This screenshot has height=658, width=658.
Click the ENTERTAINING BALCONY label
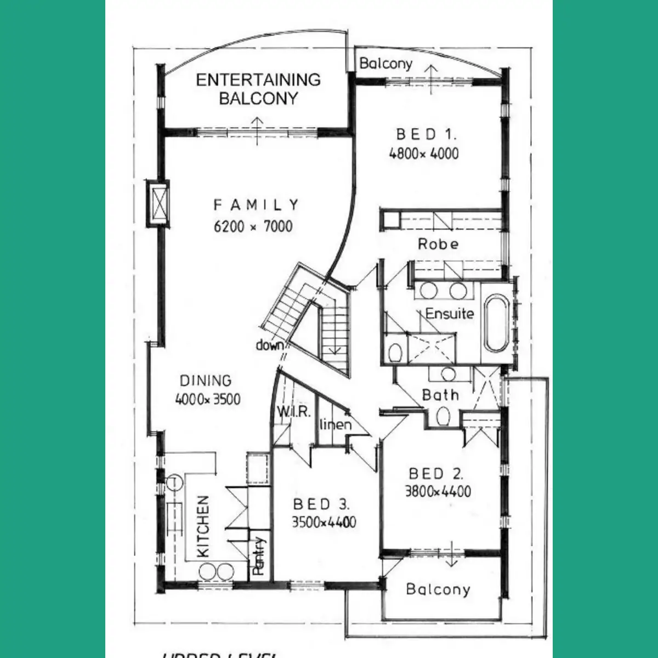pyautogui.click(x=258, y=89)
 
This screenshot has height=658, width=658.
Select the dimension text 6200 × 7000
pyautogui.click(x=253, y=226)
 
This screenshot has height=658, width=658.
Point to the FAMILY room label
pyautogui.click(x=256, y=205)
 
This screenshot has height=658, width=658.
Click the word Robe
pyautogui.click(x=438, y=244)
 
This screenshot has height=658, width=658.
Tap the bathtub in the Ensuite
pyautogui.click(x=497, y=325)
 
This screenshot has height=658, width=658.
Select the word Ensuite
pyautogui.click(x=449, y=314)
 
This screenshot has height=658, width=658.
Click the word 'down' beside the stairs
pyautogui.click(x=269, y=345)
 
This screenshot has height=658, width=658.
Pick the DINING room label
pyautogui.click(x=206, y=381)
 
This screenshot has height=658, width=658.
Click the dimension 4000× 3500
pyautogui.click(x=207, y=399)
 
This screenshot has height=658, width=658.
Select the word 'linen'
pyautogui.click(x=335, y=424)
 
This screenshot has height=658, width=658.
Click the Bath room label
pyautogui.click(x=440, y=395)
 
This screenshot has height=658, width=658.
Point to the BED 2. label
pyautogui.click(x=437, y=474)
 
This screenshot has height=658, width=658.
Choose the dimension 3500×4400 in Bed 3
pyautogui.click(x=324, y=523)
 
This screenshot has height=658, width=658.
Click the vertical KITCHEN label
pyautogui.click(x=203, y=526)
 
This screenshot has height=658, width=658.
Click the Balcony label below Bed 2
pyautogui.click(x=438, y=589)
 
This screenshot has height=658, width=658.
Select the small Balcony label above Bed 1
pyautogui.click(x=385, y=64)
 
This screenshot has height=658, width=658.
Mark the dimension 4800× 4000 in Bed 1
pyautogui.click(x=423, y=154)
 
